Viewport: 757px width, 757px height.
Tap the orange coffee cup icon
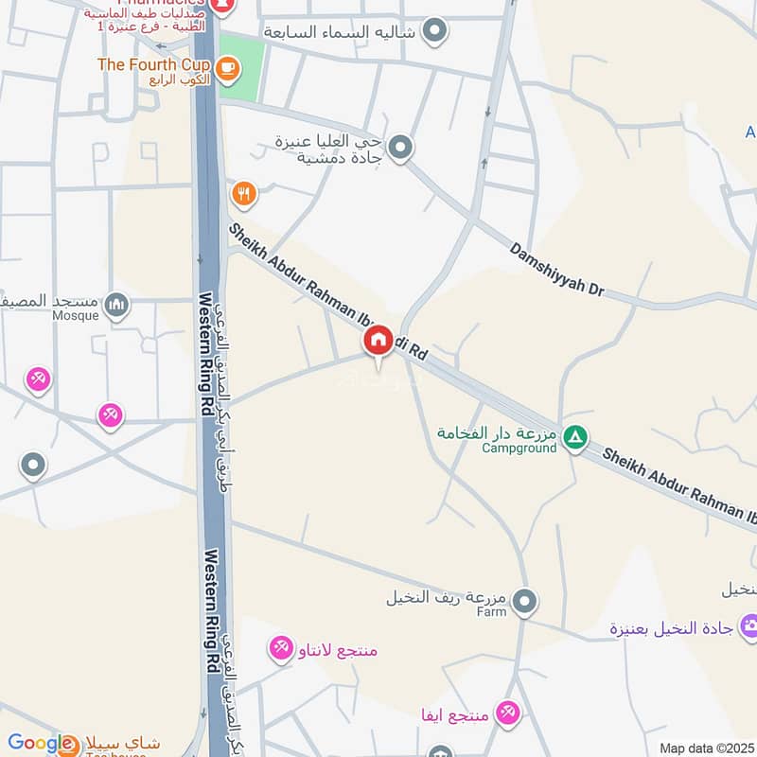[227, 66]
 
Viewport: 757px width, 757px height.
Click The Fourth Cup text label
[154, 64]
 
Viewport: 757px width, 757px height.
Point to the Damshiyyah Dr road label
[556, 270]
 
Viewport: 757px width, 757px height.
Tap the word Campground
[519, 448]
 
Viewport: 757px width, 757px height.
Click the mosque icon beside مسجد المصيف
[116, 304]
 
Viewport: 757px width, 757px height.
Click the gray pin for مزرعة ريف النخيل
[524, 600]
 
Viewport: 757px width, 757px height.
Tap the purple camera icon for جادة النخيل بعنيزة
[750, 625]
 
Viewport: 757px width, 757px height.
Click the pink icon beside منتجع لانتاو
[281, 648]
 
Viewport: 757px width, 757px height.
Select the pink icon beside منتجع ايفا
[508, 713]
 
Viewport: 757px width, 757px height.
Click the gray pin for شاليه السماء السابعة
[434, 31]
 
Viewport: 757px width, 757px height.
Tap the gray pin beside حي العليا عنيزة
[401, 147]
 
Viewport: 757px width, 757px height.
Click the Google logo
[40, 744]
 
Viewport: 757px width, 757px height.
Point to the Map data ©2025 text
[707, 748]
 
